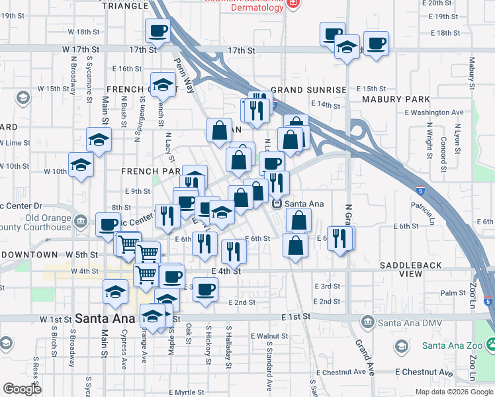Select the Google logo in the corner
[22, 389]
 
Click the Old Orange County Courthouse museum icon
[81, 220]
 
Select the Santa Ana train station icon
[279, 204]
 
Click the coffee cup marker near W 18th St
[157, 30]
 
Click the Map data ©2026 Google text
[453, 392]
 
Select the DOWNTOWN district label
[29, 255]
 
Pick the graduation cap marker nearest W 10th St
[81, 165]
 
